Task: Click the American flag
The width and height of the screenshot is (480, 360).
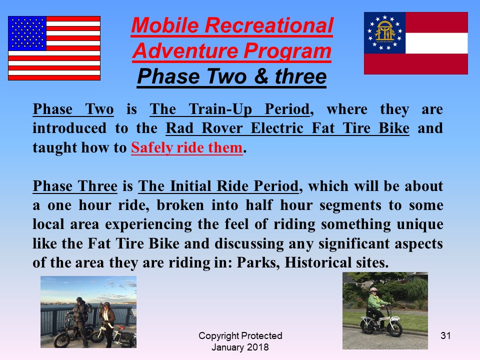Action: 54,48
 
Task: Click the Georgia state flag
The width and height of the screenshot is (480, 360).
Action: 415,43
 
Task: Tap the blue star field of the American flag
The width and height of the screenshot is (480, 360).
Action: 27,33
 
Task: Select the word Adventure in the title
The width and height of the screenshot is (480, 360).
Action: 185,50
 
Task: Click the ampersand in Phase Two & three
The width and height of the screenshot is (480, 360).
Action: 261,76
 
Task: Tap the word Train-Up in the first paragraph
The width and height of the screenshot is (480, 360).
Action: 220,109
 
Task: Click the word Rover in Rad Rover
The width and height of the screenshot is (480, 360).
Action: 222,128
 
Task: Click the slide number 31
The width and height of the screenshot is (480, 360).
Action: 445,335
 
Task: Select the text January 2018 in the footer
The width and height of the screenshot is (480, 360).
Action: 240,347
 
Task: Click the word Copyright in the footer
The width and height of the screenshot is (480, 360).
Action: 218,336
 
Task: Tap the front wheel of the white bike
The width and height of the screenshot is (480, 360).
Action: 394,329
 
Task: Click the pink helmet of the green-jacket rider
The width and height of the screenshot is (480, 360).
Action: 373,289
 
